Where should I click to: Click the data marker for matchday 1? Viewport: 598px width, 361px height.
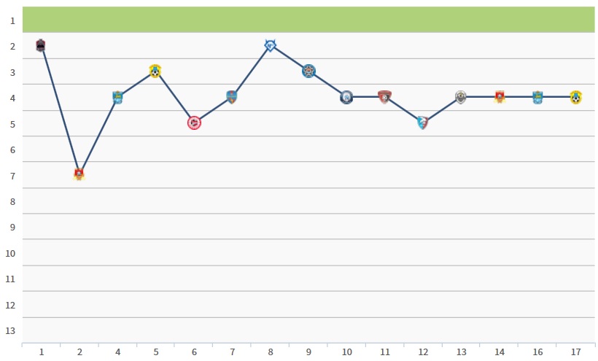(41, 45)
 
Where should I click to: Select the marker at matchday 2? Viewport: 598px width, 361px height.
(79, 174)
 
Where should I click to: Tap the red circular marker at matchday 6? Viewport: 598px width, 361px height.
(194, 123)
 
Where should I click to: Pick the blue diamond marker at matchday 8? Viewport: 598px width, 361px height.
(270, 45)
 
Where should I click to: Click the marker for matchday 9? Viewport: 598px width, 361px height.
(308, 71)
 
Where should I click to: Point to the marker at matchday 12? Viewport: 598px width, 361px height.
(422, 123)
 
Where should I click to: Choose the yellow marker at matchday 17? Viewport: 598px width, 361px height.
(576, 97)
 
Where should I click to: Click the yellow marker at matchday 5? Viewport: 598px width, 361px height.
(155, 71)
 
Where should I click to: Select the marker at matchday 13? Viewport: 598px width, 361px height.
(461, 97)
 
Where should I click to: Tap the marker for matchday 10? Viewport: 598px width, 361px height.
(346, 97)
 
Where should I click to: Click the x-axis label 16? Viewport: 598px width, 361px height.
(537, 352)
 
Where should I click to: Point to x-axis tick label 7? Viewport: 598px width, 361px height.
(232, 352)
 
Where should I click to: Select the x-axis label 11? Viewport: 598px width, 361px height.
(385, 352)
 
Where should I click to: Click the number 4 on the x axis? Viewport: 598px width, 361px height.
(118, 352)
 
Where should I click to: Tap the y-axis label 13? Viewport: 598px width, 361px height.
(10, 330)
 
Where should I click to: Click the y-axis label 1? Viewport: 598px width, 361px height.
(12, 20)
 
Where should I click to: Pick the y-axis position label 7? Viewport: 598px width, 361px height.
(12, 176)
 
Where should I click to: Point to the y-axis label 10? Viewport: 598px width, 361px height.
(10, 253)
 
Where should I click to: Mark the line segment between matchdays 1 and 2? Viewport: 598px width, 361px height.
(60, 110)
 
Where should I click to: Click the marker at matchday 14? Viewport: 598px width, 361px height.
(500, 97)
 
